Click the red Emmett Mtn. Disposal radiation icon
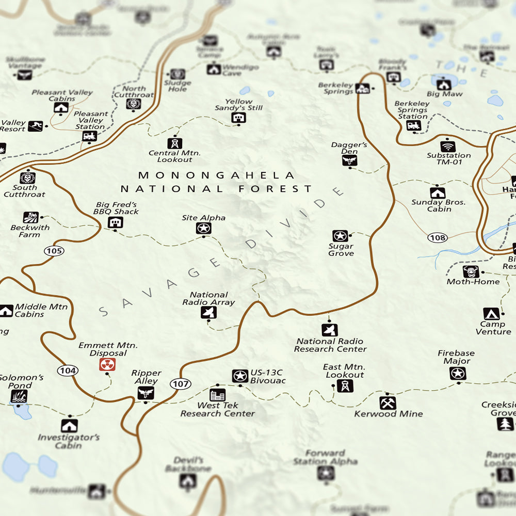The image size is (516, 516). (x=107, y=365)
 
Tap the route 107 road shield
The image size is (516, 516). (x=181, y=384)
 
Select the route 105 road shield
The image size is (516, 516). (x=54, y=251)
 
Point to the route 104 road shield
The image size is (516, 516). (x=68, y=370)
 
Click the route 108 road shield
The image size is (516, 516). (x=437, y=238)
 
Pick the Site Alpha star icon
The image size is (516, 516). (x=203, y=228)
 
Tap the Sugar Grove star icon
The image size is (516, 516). (x=340, y=236)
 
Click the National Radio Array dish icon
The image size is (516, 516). (x=208, y=312)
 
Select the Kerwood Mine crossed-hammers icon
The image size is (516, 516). (x=388, y=402)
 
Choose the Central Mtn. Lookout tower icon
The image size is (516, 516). (x=174, y=143)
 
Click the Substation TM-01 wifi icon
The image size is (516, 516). (x=448, y=146)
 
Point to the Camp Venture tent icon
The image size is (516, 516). (x=491, y=314)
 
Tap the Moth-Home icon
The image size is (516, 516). (x=471, y=271)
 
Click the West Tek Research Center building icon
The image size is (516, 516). (x=218, y=395)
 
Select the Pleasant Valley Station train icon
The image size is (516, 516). (x=89, y=136)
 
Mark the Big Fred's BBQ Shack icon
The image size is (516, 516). (x=115, y=222)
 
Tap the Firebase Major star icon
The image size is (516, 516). (x=458, y=373)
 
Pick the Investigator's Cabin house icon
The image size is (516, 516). (x=69, y=425)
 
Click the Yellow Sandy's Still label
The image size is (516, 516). (x=239, y=105)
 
